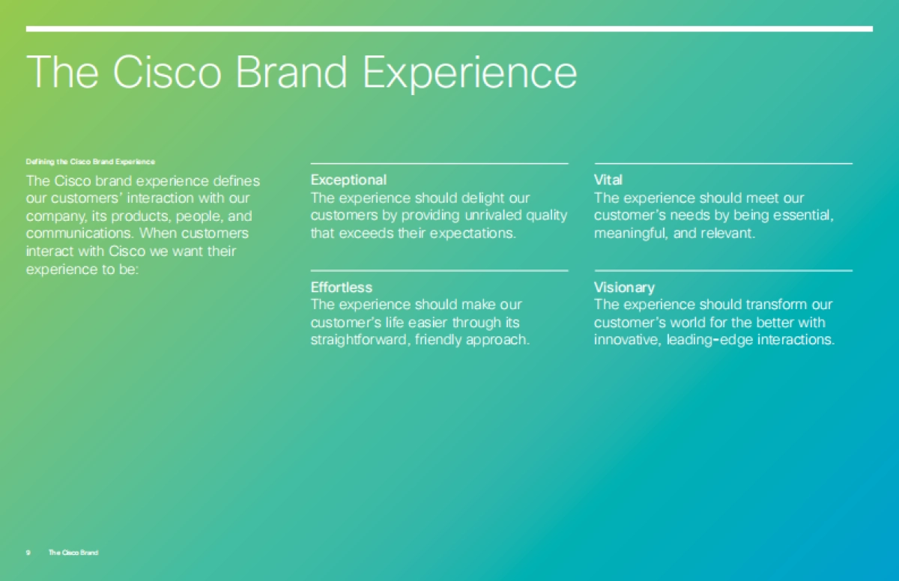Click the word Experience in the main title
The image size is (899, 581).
[x=470, y=73]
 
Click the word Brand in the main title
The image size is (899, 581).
[x=291, y=71]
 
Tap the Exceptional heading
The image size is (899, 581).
[x=348, y=180]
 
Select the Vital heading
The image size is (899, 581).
[x=608, y=180]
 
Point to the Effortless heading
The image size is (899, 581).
[x=342, y=287]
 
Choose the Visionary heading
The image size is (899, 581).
[x=624, y=288]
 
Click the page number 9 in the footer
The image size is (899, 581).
[x=28, y=553]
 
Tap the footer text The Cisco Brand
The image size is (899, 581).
[x=73, y=553]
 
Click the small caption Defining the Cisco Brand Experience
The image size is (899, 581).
[x=91, y=162]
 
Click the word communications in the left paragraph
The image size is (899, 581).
[x=79, y=234]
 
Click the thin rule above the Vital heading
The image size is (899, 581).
[x=723, y=164]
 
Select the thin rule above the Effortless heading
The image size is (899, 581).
[x=440, y=270]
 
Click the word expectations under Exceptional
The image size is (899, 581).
[x=473, y=234]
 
